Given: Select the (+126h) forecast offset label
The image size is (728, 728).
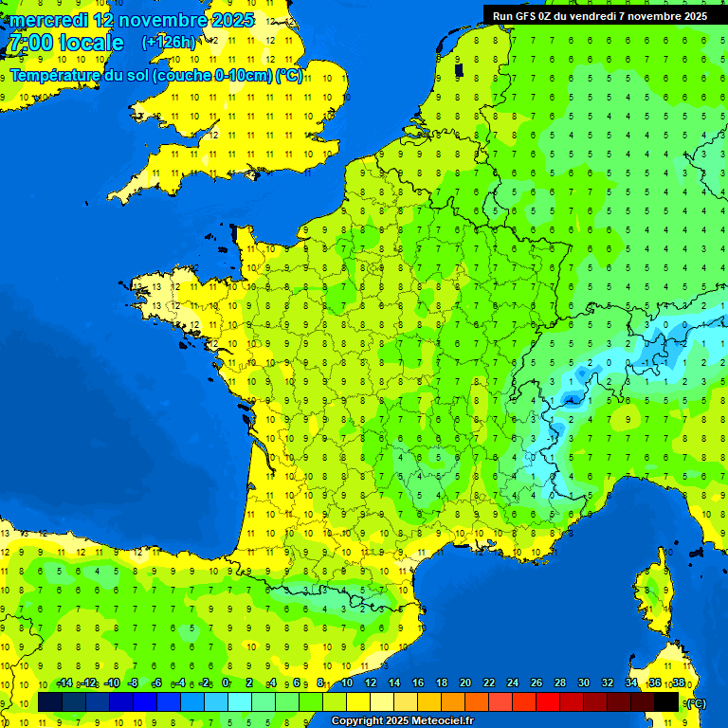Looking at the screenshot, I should pyautogui.click(x=168, y=43).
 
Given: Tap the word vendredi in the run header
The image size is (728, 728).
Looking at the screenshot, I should pyautogui.click(x=595, y=16).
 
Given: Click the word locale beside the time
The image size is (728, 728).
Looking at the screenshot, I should pyautogui.click(x=91, y=43).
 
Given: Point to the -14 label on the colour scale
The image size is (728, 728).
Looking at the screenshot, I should pyautogui.click(x=64, y=683).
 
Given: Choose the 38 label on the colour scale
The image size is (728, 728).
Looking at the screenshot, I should pyautogui.click(x=678, y=683).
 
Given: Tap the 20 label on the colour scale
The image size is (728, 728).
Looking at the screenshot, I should pyautogui.click(x=464, y=683).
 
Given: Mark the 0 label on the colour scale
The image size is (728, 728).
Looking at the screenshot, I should pyautogui.click(x=226, y=683).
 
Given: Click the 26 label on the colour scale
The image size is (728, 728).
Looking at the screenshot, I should pyautogui.click(x=537, y=683).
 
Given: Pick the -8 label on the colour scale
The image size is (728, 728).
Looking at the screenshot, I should pyautogui.click(x=135, y=683).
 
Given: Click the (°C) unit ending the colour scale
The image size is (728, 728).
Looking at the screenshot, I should pyautogui.click(x=696, y=703).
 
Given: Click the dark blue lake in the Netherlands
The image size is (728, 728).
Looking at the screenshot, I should pyautogui.click(x=459, y=68).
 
